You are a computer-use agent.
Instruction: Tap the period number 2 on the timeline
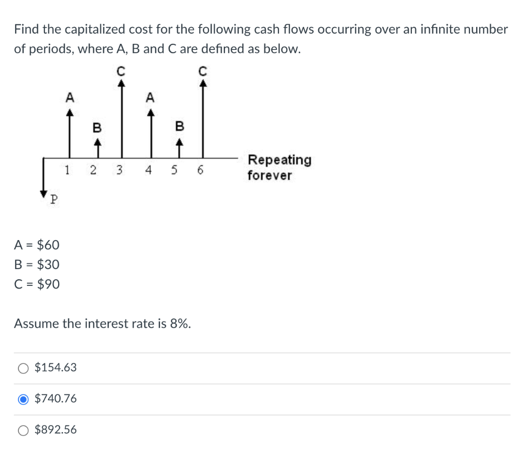[93, 171]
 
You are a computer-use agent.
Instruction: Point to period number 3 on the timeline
[119, 171]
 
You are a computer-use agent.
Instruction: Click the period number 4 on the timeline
[148, 171]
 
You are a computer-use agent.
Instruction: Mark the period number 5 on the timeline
[175, 171]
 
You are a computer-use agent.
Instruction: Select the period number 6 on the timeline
[200, 171]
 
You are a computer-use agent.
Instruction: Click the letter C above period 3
[121, 72]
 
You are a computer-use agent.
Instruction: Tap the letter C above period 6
[203, 72]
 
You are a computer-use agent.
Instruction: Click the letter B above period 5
[179, 125]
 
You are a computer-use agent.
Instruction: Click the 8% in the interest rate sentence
[180, 324]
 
